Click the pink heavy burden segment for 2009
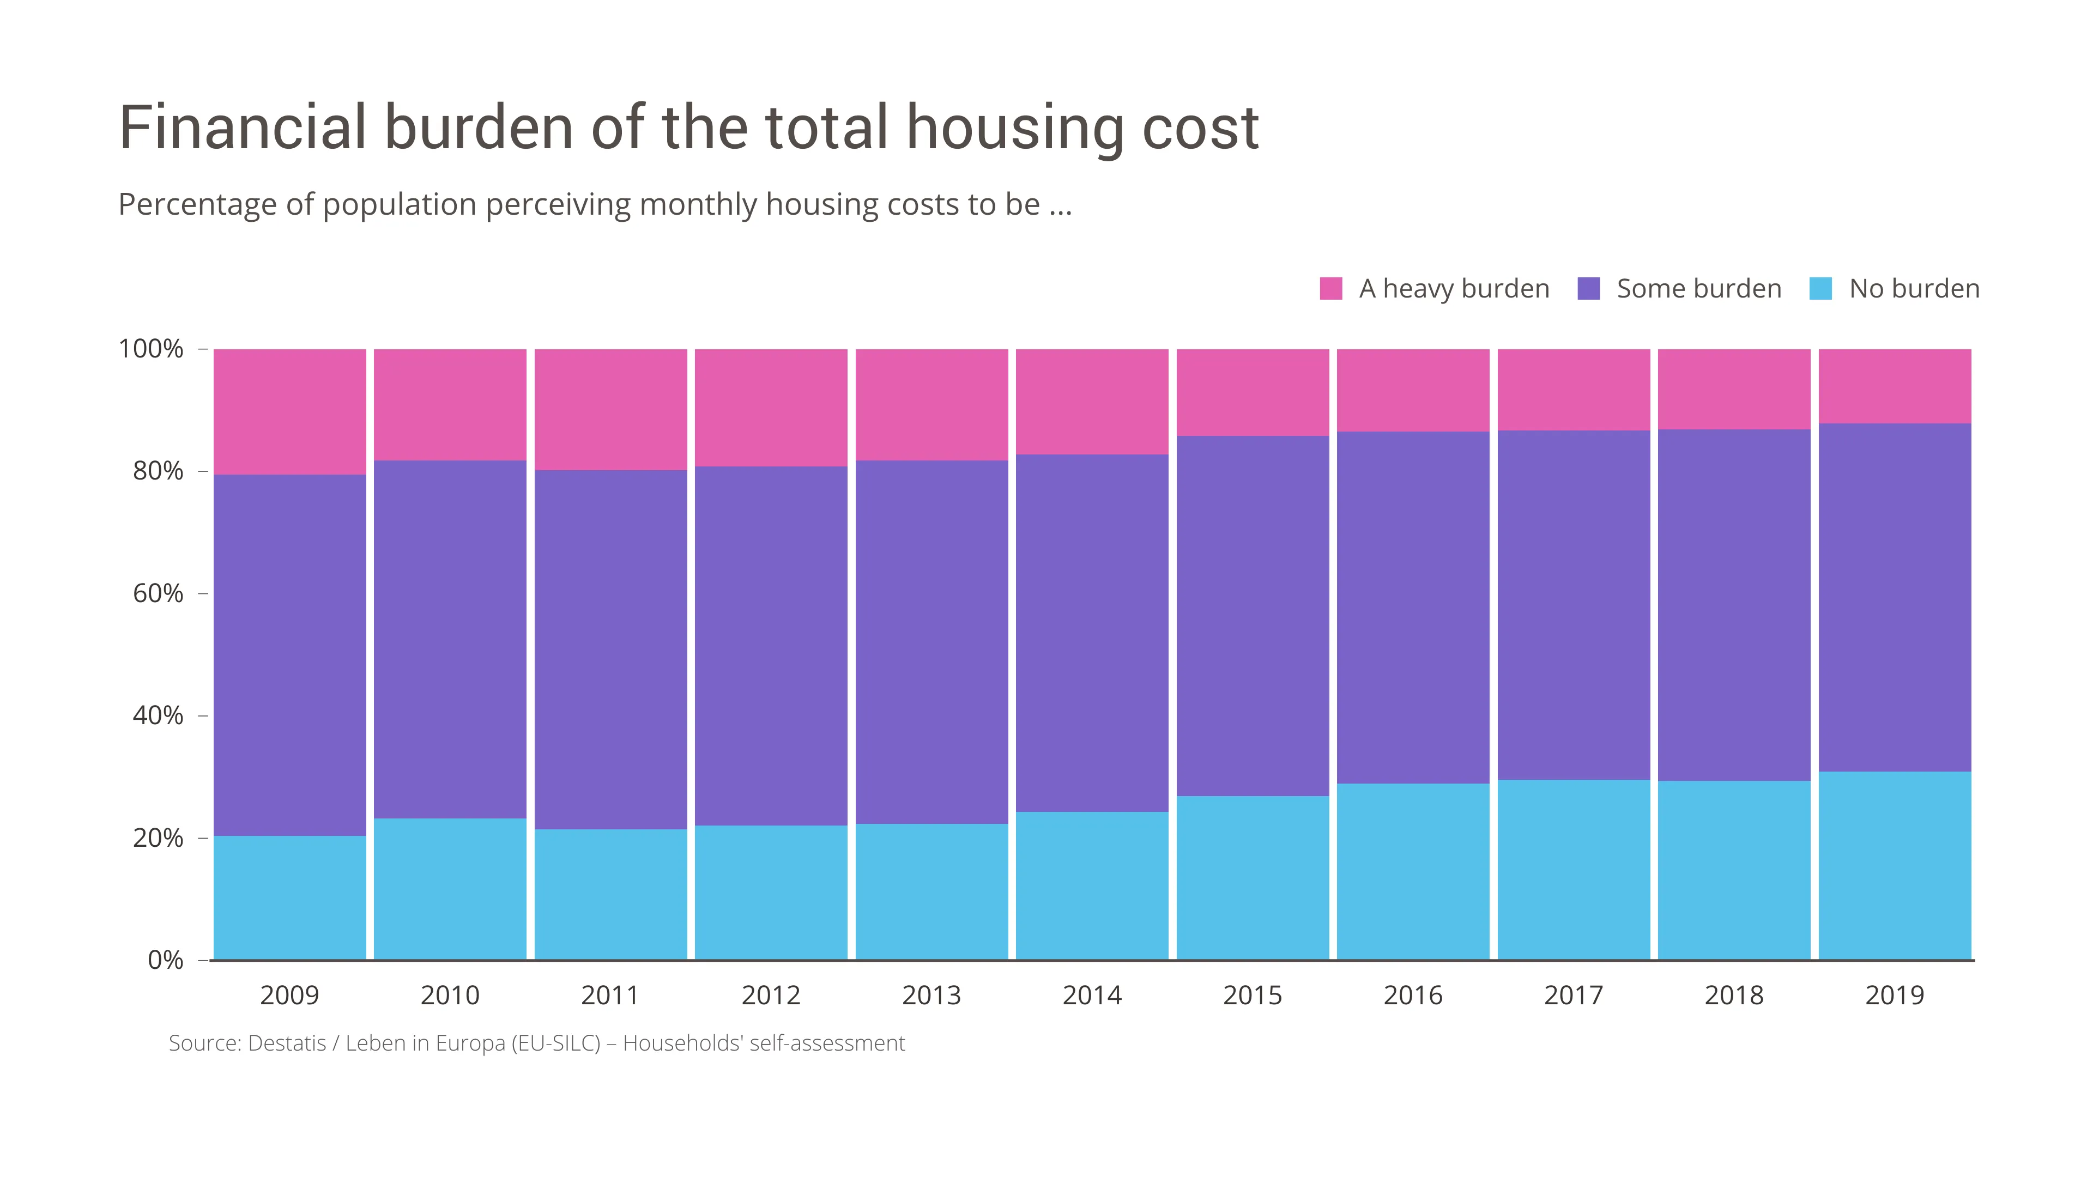click(x=289, y=412)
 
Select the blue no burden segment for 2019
click(x=1895, y=865)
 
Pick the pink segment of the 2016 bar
click(x=1413, y=390)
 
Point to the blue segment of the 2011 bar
click(x=610, y=894)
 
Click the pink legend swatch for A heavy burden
click(x=1331, y=288)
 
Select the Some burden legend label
click(x=1698, y=288)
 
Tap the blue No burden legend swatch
click(x=1821, y=288)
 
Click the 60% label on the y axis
click(x=158, y=594)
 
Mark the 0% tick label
click(x=165, y=960)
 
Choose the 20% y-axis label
click(x=158, y=838)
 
